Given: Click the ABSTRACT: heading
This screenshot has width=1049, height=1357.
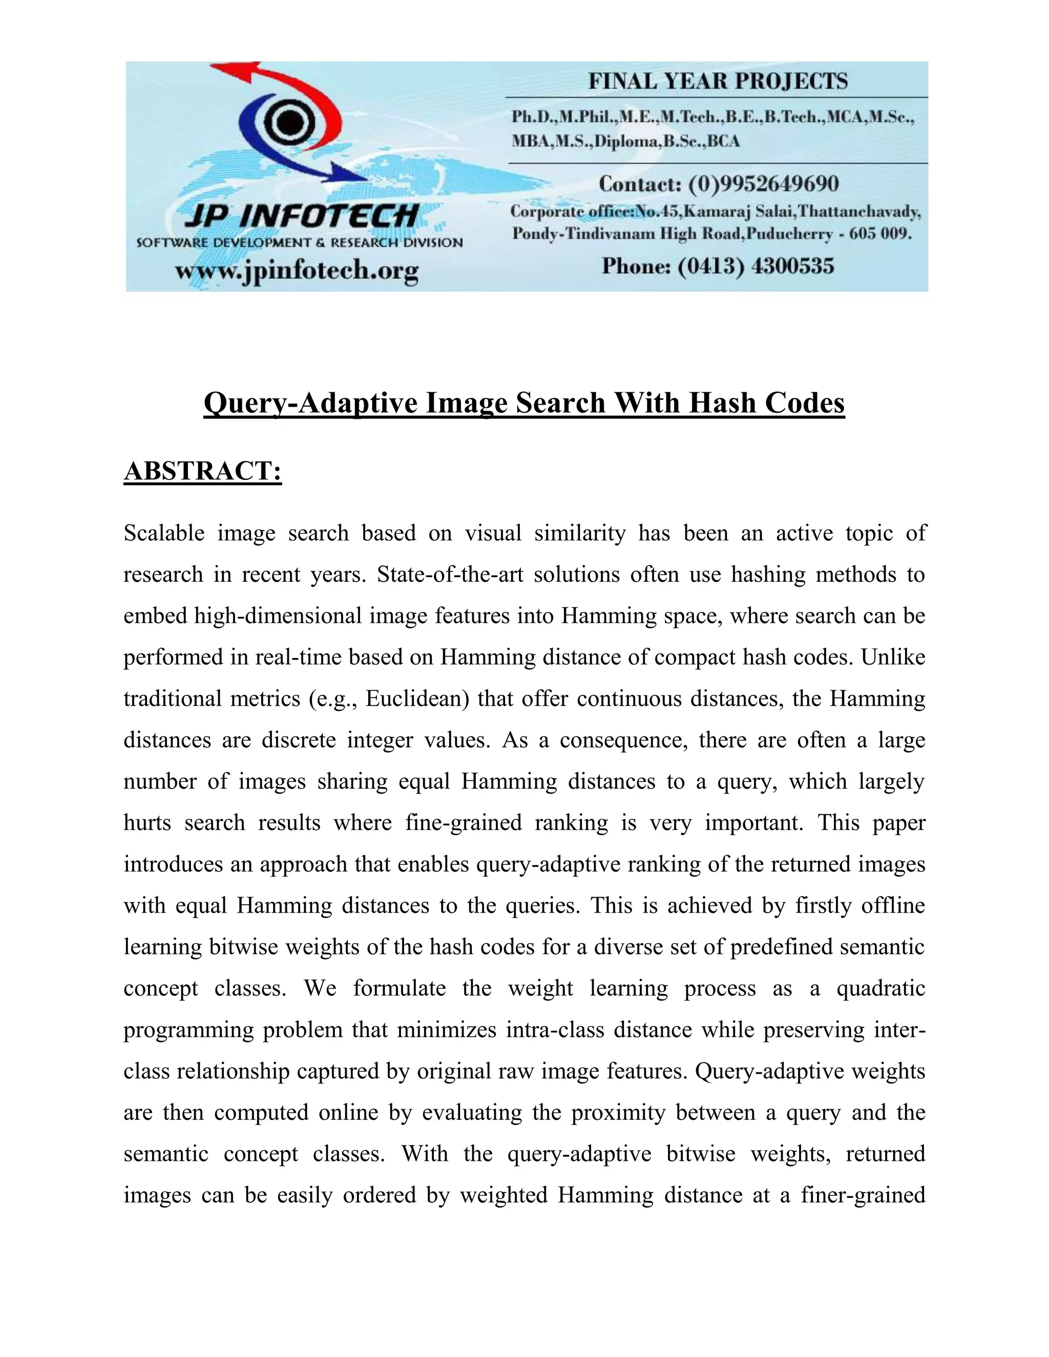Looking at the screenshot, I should click(203, 471).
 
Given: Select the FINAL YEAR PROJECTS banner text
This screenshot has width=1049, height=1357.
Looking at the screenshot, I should click(718, 81).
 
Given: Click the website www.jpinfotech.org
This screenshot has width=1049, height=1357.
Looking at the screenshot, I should click(297, 271).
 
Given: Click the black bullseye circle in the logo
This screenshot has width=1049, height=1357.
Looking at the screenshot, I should click(287, 122).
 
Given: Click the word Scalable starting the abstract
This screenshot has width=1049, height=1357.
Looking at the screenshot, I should click(164, 533).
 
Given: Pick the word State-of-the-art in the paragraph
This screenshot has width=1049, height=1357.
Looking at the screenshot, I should click(445, 575).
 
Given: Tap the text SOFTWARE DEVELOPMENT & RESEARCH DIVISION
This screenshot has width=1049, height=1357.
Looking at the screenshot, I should click(300, 243).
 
